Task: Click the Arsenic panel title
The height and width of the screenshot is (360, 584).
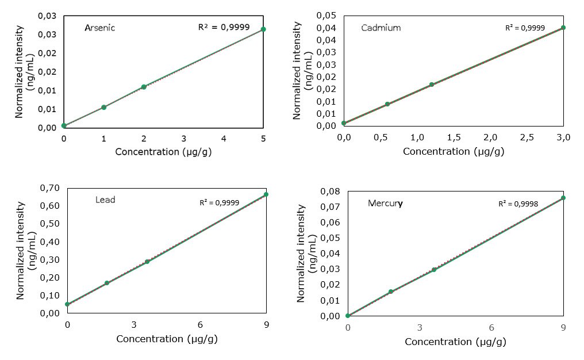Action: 99,28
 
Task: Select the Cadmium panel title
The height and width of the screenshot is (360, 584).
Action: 381,28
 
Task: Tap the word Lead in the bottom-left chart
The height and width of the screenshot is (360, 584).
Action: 105,200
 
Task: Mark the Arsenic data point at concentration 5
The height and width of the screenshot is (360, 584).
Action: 263,29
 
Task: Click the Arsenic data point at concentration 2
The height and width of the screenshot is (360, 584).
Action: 144,87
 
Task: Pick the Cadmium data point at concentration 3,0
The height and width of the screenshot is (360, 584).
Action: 563,28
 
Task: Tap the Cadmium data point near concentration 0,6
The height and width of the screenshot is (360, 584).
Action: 387,104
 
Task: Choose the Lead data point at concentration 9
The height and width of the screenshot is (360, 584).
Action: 266,194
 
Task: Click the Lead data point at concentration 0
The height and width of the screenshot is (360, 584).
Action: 68,304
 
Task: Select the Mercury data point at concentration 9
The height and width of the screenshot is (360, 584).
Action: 563,198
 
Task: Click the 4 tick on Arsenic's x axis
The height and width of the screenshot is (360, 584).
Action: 224,139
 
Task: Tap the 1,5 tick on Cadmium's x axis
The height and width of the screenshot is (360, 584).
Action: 454,137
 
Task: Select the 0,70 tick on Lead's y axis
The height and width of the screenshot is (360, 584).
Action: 51,188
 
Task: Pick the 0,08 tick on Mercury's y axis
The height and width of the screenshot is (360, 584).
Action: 333,192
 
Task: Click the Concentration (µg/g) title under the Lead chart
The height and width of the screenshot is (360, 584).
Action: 167,339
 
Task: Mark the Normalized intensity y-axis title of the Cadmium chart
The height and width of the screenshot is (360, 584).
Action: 297,70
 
